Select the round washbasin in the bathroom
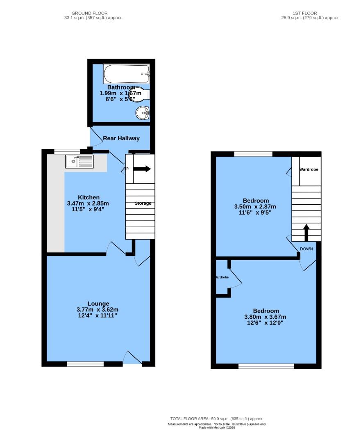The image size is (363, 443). tap(143, 112)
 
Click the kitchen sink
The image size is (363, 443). tap(79, 161)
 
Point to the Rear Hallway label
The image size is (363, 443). tap(121, 138)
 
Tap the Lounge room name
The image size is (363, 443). tap(98, 304)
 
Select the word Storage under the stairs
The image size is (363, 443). tap(143, 203)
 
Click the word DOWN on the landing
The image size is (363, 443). tap(306, 249)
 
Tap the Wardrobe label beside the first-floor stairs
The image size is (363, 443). tap(309, 169)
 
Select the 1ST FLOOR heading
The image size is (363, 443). tap(305, 13)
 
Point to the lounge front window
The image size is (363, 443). tap(85, 364)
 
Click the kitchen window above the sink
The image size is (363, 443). tap(67, 151)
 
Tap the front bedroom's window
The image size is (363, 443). tap(266, 366)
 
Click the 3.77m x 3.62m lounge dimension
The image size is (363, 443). tap(98, 310)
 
